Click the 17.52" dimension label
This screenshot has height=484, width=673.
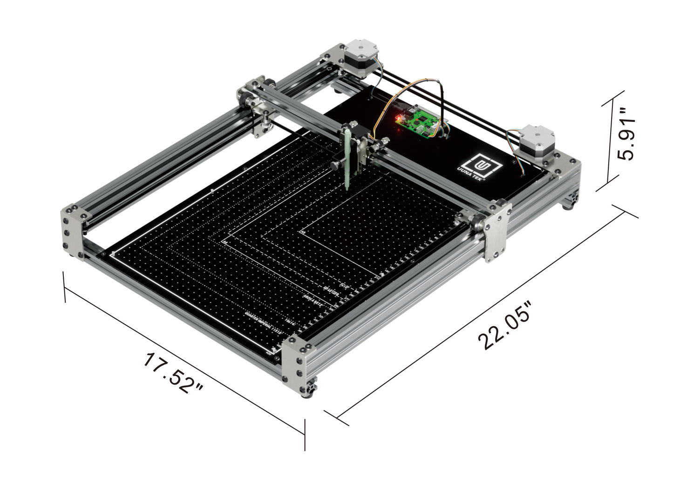pos(173,373)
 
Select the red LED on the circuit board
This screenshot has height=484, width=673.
pos(399,118)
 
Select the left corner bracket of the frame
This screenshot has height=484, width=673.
pos(72,230)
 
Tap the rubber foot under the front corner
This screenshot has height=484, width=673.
pos(309,394)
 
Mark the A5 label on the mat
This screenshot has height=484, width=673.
pos(303,231)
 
